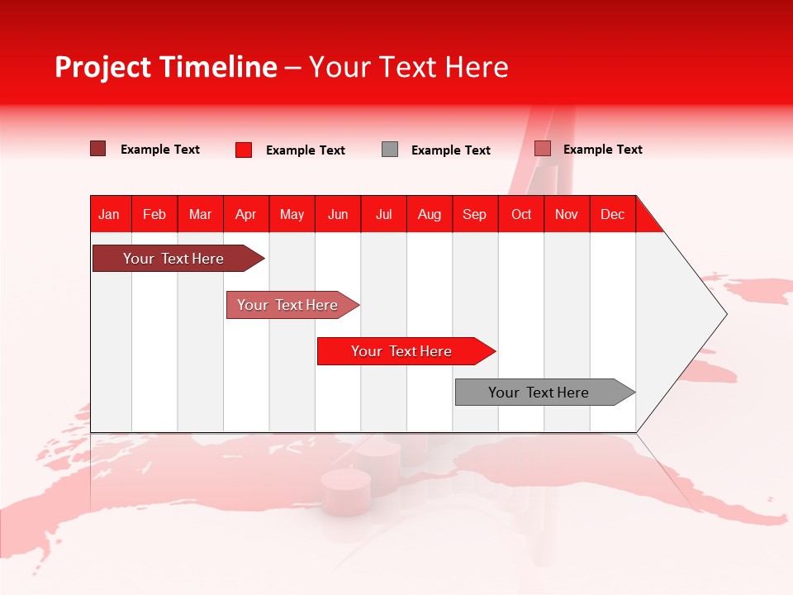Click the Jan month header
pos(109,214)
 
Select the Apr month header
pos(246,214)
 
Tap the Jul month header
pos(384,214)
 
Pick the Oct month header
pos(521,214)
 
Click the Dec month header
pos(612,214)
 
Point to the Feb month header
pos(154,214)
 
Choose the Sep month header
pos(474,214)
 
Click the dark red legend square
pos(97,149)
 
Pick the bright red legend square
pos(244,150)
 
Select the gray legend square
pos(390,149)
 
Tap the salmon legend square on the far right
pos(543,149)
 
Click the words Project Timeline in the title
pos(165,67)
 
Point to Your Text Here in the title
pos(409,67)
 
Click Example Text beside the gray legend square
pos(451,150)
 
